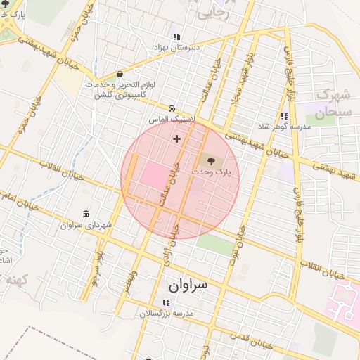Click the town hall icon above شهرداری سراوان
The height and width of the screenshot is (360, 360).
86,214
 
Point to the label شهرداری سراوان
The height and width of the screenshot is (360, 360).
86,225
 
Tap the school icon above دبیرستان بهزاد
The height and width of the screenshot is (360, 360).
176,37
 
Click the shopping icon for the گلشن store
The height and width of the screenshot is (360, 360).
120,73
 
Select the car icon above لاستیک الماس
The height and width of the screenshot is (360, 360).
172,108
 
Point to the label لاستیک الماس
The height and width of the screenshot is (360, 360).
169,120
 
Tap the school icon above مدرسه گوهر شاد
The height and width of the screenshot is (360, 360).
284,116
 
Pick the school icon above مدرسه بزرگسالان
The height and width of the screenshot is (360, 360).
166,302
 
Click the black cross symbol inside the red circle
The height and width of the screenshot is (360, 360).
176,139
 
